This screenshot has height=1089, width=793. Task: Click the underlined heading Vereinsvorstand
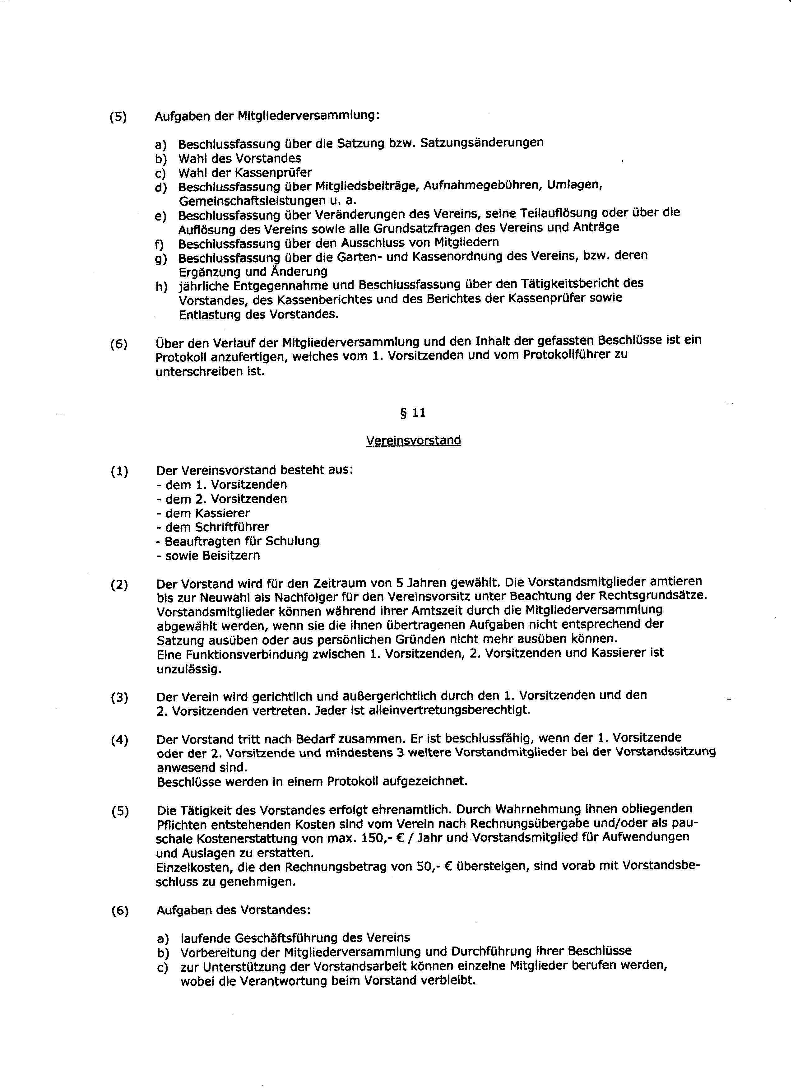[x=413, y=440]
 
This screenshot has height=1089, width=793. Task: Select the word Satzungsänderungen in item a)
[x=482, y=142]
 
